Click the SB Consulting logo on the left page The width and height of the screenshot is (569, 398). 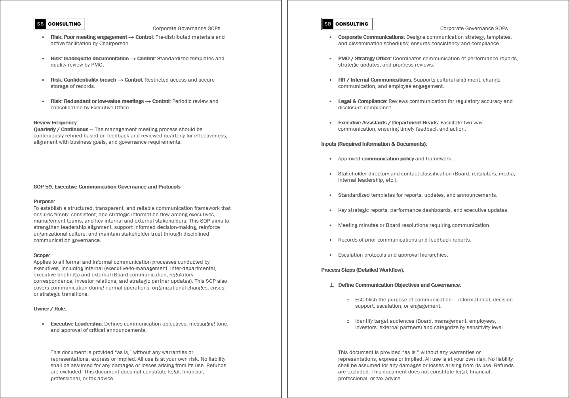coord(59,24)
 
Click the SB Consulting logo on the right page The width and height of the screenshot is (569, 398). coord(346,24)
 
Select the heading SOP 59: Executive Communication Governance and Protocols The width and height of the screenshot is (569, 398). coord(107,187)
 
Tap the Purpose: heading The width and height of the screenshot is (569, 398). coord(44,202)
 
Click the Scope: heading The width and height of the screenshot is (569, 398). coord(42,255)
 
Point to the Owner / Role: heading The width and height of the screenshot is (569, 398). coord(50,309)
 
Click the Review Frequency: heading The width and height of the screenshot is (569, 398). coord(56,123)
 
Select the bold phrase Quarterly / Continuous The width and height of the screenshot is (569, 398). coord(61,129)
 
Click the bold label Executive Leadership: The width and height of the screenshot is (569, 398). coord(76,324)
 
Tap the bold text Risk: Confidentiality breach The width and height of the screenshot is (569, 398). coord(83,80)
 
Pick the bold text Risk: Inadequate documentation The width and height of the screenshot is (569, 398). coord(89,59)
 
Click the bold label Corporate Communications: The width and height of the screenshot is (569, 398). coord(371,37)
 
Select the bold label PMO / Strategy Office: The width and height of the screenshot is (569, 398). coord(364,59)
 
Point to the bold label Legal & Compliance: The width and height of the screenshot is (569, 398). coord(362,101)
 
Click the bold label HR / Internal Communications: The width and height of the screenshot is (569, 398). coord(375,80)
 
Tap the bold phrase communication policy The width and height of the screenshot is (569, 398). coord(388,159)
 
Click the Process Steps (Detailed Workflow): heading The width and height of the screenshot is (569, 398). coord(363,270)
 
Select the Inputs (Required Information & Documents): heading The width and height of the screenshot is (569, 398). coord(374,144)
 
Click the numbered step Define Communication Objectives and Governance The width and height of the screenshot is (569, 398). coord(399,285)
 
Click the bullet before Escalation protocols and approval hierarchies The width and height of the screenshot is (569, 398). coord(331,255)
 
